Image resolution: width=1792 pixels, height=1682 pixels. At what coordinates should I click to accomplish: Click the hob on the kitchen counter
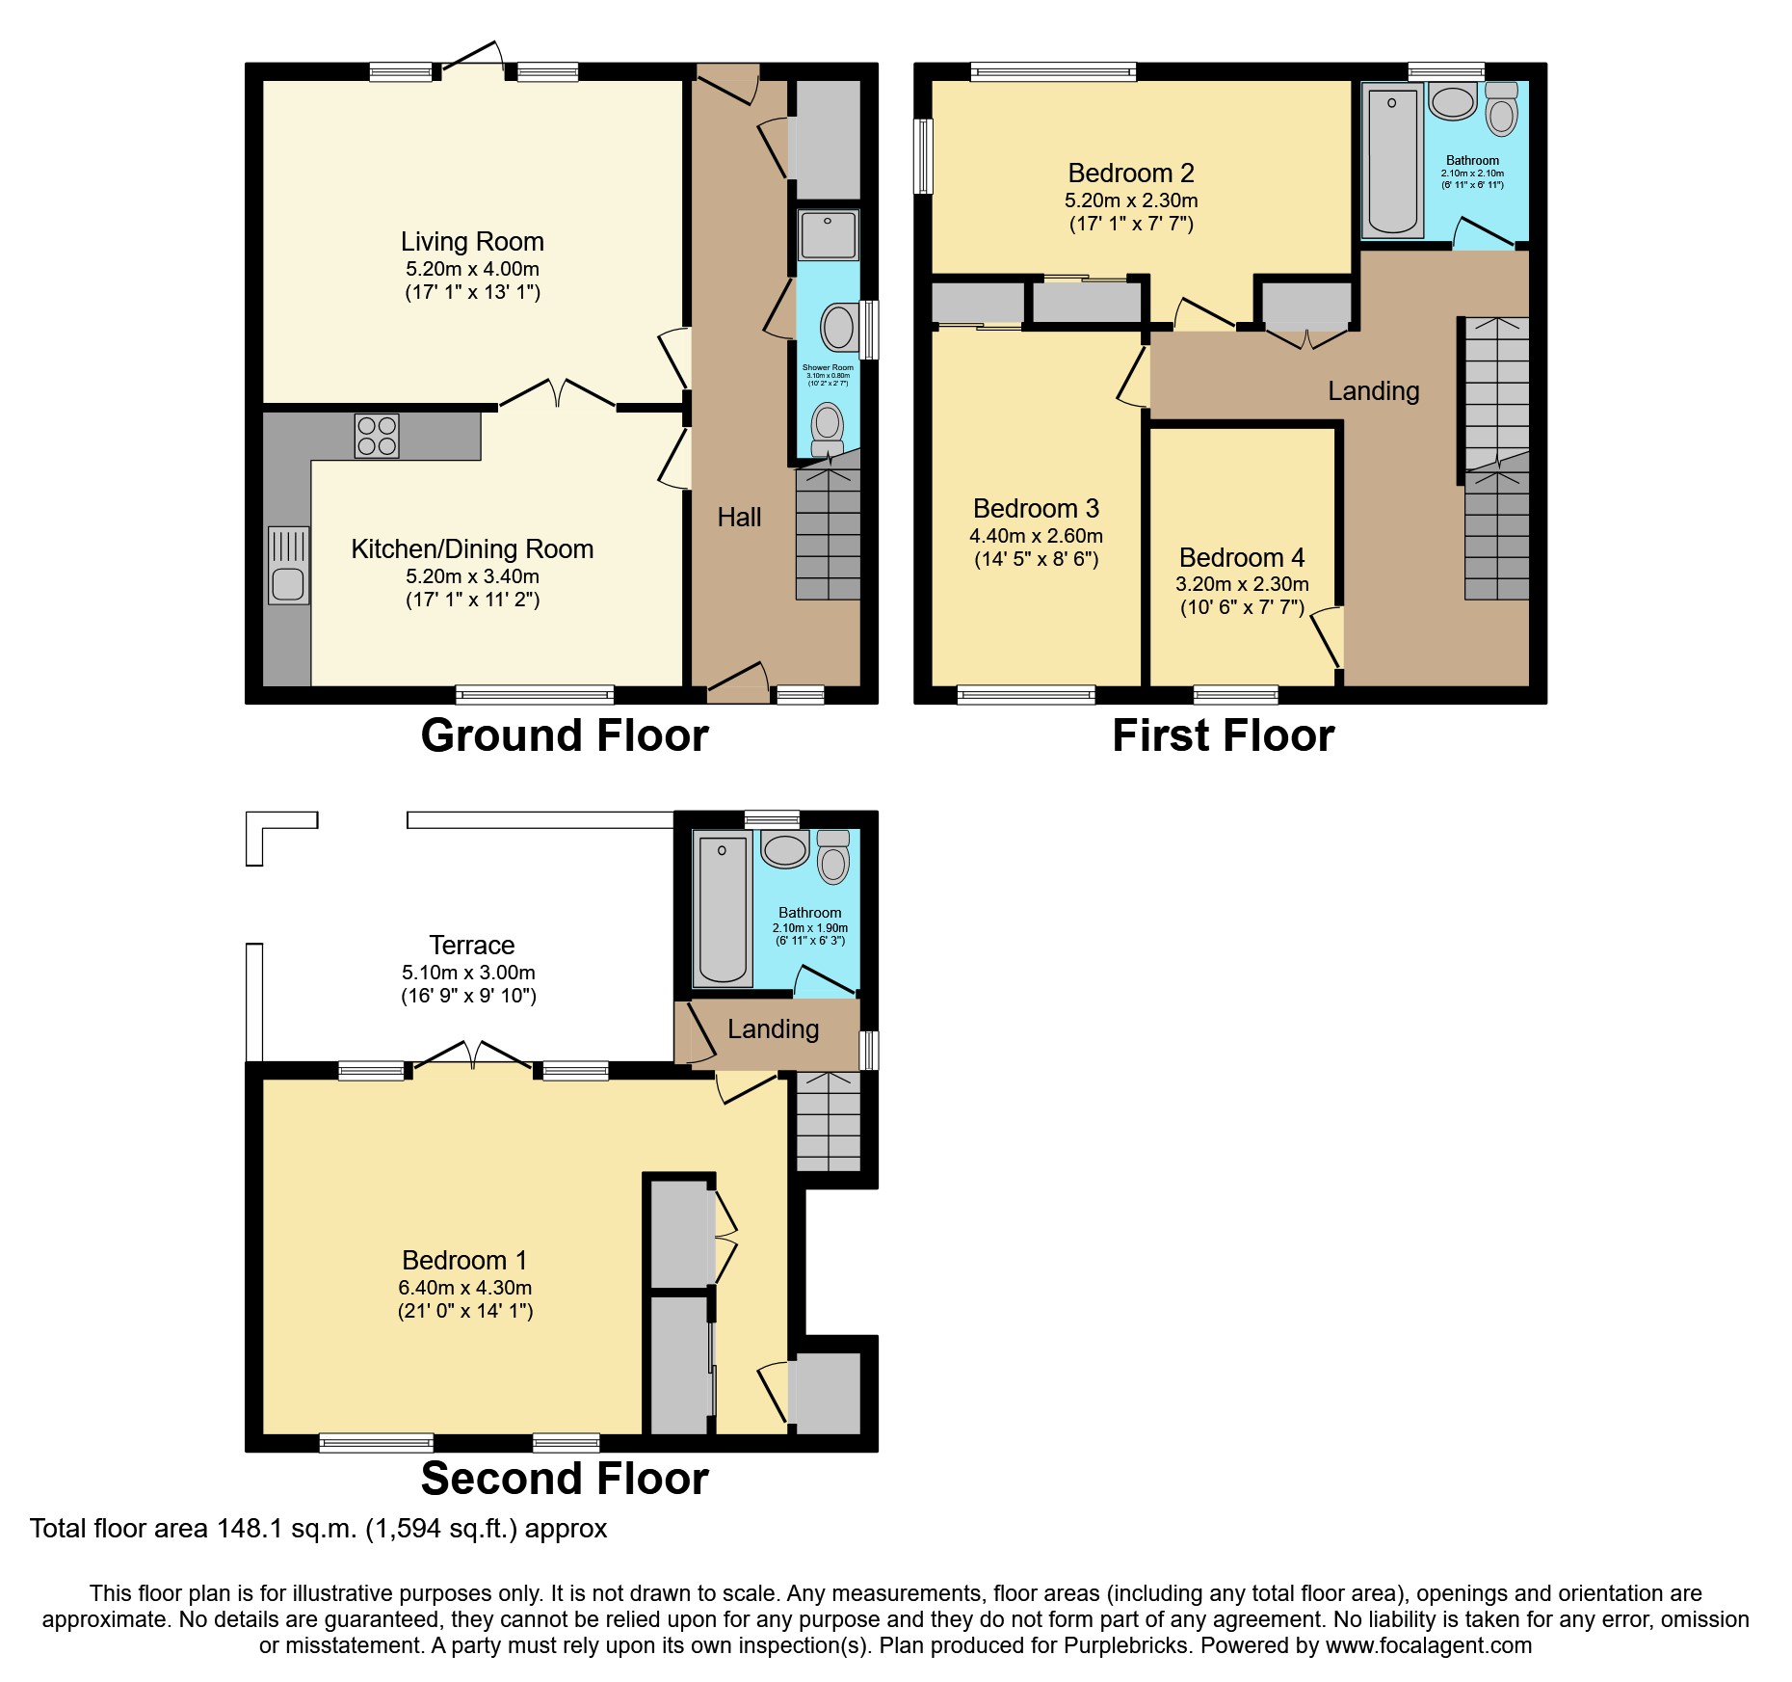tap(377, 435)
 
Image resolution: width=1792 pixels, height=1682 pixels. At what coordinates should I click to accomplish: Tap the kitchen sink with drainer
tap(288, 566)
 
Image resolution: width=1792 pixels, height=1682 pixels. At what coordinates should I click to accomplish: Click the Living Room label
tap(472, 241)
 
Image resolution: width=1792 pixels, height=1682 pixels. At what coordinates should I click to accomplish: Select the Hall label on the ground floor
tap(739, 518)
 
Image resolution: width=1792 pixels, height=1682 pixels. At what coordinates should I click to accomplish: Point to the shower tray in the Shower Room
tap(829, 235)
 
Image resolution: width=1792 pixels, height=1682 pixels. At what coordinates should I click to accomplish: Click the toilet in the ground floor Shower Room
tap(828, 427)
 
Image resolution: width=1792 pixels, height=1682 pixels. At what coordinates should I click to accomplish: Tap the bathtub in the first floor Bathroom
tap(1392, 160)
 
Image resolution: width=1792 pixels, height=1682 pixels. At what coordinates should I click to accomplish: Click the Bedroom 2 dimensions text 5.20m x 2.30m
tap(1131, 200)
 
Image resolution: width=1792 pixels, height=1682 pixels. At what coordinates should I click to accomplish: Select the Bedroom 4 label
tap(1242, 557)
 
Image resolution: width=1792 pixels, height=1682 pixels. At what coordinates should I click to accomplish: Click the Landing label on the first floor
tap(1373, 391)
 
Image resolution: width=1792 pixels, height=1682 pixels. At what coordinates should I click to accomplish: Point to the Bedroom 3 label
tap(1036, 508)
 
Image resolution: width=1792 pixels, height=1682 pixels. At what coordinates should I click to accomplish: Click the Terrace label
tap(471, 945)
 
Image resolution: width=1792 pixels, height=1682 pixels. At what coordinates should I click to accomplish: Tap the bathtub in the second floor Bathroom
tap(723, 910)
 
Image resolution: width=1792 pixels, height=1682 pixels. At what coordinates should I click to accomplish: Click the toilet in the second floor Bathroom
tap(833, 858)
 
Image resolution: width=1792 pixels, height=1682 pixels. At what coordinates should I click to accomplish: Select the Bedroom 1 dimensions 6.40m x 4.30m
tap(465, 1288)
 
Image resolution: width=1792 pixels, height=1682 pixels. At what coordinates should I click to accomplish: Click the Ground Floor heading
tap(565, 735)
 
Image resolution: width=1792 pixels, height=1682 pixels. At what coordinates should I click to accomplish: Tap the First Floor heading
tap(1223, 735)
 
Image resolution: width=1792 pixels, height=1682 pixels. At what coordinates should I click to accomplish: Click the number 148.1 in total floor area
tap(250, 1529)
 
